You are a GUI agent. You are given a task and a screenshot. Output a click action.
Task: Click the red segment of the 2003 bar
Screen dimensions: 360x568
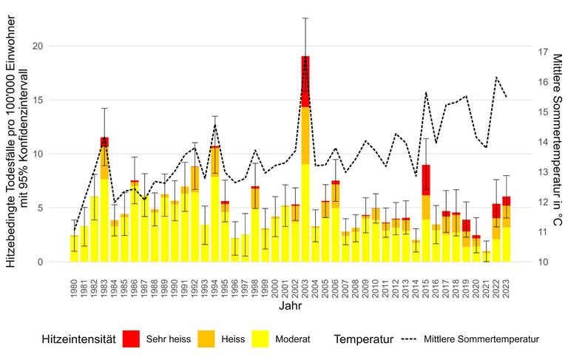pyautogui.click(x=305, y=81)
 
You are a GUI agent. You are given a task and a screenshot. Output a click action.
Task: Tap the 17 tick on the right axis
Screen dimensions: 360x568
pyautogui.click(x=542, y=52)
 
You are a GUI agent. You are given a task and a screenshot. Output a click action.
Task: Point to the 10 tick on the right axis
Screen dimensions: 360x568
pyautogui.click(x=542, y=262)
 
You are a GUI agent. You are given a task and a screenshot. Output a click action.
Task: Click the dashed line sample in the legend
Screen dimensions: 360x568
pyautogui.click(x=410, y=339)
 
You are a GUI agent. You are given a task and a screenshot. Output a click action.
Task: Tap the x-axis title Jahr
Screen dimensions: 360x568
pyautogui.click(x=290, y=305)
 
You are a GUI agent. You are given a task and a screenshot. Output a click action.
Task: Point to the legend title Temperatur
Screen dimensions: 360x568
pyautogui.click(x=363, y=339)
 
